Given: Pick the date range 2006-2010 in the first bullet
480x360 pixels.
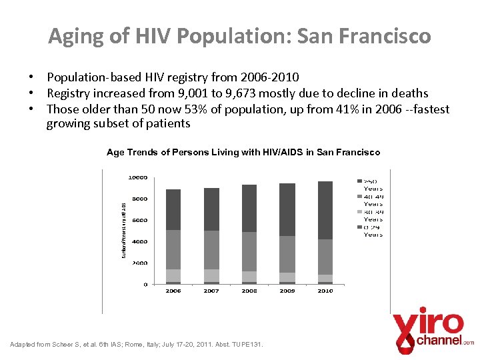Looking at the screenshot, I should tap(270, 78).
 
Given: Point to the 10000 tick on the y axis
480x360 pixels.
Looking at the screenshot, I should tap(138, 177).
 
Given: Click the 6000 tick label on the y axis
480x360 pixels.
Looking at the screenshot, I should tap(139, 220).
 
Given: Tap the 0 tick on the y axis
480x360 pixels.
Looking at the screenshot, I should tap(145, 284).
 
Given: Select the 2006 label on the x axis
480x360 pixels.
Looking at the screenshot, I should tap(173, 291).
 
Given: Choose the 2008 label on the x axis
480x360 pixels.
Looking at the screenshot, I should tap(249, 291).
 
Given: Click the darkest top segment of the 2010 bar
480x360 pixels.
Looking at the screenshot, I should tap(325, 210).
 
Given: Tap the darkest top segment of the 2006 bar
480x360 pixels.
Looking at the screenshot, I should tap(173, 209).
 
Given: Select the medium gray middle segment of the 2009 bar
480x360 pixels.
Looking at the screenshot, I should tap(287, 254).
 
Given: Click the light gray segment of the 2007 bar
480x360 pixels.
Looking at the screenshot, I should tap(211, 275).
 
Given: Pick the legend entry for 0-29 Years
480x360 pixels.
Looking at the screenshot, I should tap(373, 231).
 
